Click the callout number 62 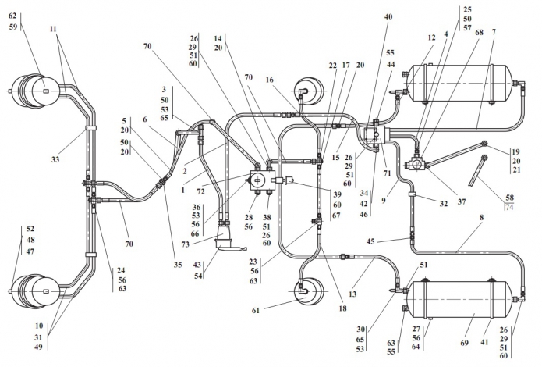point(12,15)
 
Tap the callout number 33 point(55,159)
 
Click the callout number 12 point(430,37)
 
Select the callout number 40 point(388,16)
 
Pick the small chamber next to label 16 point(305,92)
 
